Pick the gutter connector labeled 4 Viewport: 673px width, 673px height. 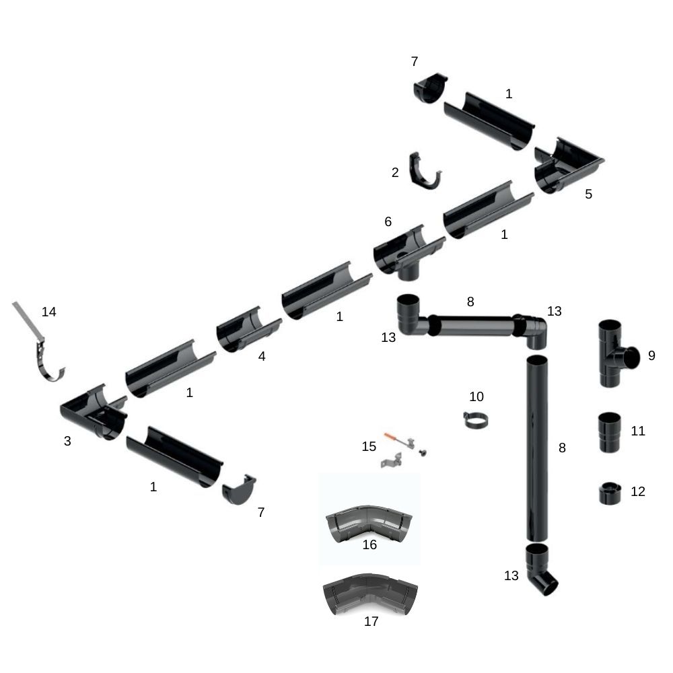pos(246,329)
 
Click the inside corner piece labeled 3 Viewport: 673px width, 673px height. pos(94,412)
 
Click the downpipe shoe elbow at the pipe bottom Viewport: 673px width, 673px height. pos(542,570)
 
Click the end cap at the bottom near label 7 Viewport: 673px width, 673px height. pos(239,490)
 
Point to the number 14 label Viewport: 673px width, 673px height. pos(48,312)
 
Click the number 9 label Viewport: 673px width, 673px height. pos(651,355)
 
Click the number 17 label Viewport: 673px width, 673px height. pos(371,621)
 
